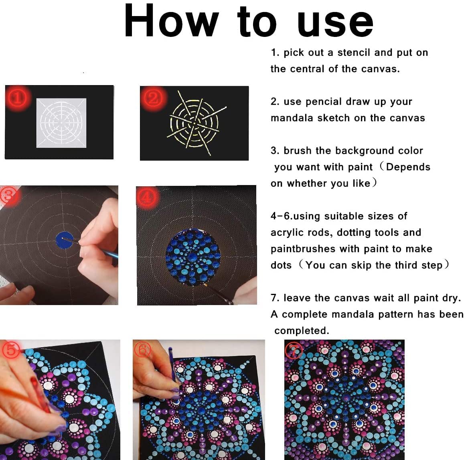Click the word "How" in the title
tap(172, 20)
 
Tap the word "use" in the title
tap(335, 24)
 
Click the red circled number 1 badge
tap(17, 98)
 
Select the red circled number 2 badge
tap(153, 97)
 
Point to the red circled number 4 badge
tap(147, 196)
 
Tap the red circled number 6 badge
tap(143, 350)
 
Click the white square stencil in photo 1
tap(61, 122)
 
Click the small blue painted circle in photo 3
tap(65, 240)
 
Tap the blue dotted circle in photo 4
tap(193, 257)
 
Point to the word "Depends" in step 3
tap(408, 167)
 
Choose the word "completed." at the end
tap(302, 331)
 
